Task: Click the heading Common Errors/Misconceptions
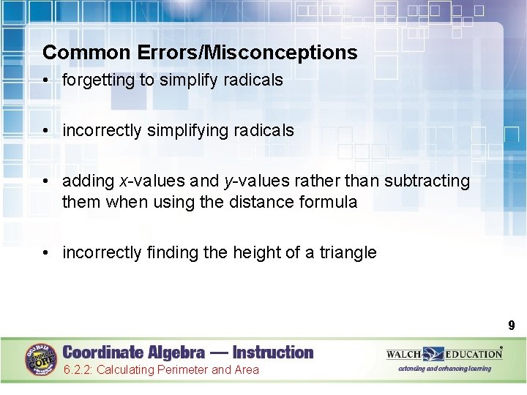point(200,53)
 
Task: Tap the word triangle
point(348,253)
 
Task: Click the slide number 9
point(512,326)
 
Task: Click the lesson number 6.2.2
point(78,370)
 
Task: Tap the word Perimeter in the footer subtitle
point(181,370)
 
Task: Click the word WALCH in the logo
point(404,354)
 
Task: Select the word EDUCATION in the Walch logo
point(474,354)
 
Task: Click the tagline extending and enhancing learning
point(444,369)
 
